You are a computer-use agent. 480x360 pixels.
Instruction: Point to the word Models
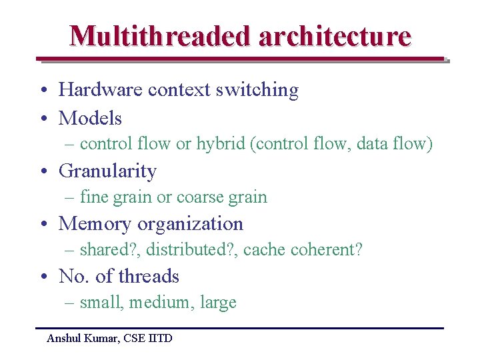coord(90,119)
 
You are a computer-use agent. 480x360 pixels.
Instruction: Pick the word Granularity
coord(107,171)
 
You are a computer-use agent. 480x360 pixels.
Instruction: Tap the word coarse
coord(196,197)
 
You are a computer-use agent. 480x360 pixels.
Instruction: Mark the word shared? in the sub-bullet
coord(109,250)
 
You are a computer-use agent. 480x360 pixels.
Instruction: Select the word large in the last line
coord(218,303)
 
